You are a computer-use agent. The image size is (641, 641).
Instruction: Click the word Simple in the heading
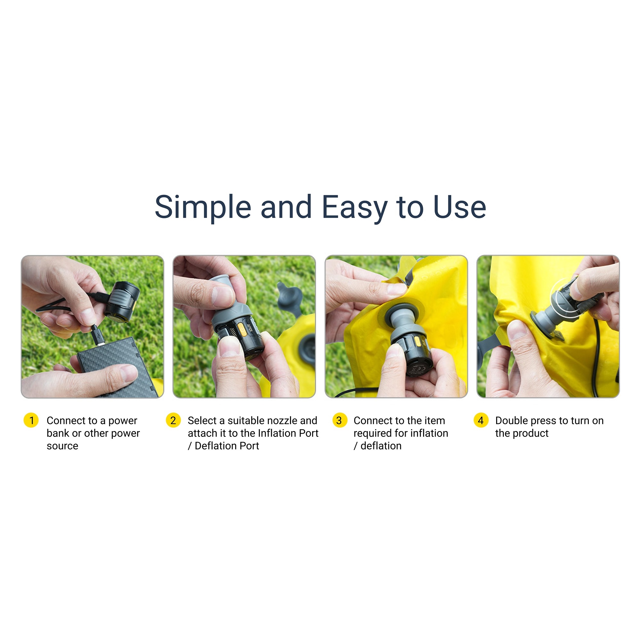[203, 208]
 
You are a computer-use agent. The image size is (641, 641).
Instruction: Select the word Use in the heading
[460, 207]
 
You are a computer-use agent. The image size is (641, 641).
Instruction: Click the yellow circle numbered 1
[31, 420]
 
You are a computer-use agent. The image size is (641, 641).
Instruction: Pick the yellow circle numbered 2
[173, 420]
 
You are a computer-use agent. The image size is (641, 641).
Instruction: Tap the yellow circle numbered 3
[339, 420]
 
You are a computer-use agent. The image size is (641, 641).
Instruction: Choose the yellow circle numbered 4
[481, 420]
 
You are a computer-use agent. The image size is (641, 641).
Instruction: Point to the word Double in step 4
[512, 421]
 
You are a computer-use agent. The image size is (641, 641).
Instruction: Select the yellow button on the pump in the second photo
[242, 330]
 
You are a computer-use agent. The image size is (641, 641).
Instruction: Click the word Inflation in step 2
[278, 433]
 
